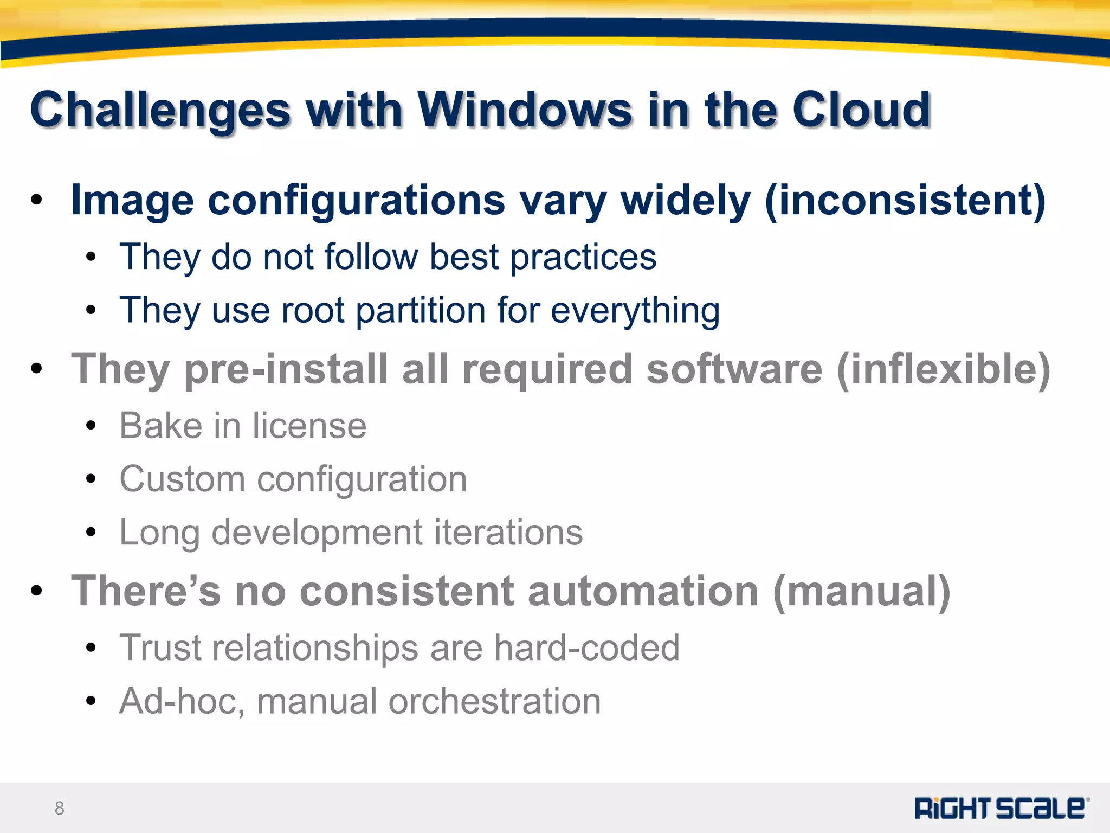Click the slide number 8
(60, 809)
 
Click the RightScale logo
(1002, 808)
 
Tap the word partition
(421, 311)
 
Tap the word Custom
(182, 479)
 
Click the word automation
(642, 591)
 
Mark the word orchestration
(494, 701)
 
